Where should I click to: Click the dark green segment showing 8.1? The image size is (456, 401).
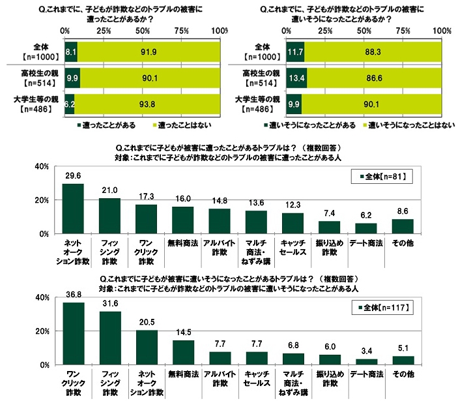71,52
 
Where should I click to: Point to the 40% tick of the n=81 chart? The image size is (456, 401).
41,167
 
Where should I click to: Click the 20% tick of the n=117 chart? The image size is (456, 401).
41,331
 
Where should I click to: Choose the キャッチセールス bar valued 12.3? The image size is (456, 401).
293,223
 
